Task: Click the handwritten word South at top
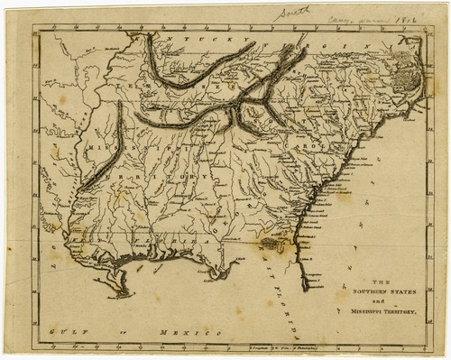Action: click(x=292, y=13)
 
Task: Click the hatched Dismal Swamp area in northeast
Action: click(x=407, y=69)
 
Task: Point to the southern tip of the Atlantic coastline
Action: click(x=306, y=287)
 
